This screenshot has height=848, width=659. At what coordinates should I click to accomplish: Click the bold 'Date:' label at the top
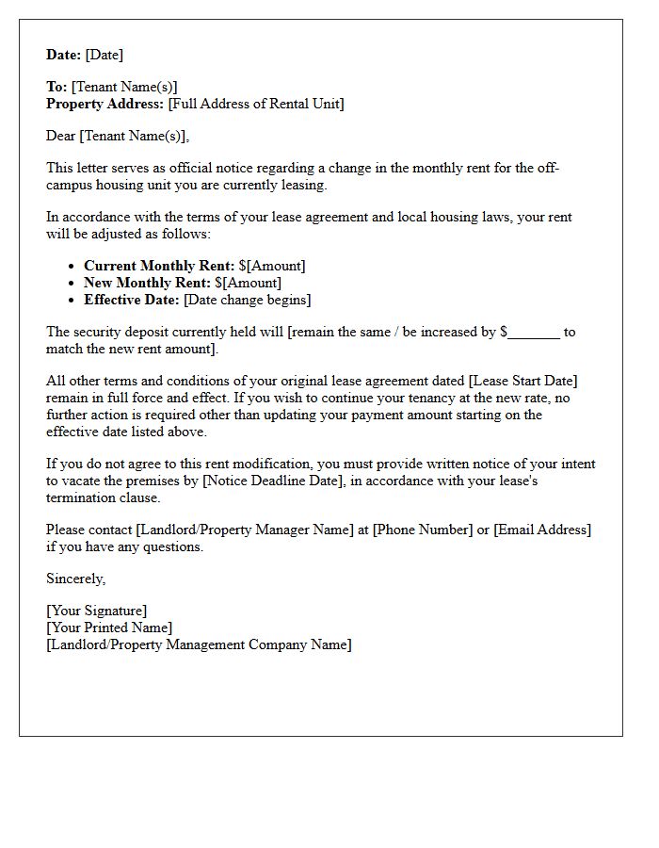click(64, 55)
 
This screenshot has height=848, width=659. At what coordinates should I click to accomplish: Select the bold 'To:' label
click(56, 87)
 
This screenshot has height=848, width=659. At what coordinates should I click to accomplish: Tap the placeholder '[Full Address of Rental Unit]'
click(256, 104)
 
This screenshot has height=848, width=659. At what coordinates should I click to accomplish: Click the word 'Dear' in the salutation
click(61, 136)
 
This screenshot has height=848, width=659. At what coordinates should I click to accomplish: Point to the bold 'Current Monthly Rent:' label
click(159, 266)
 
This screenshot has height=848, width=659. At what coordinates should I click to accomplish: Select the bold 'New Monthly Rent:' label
click(148, 283)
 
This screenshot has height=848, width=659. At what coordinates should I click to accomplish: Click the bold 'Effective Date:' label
click(132, 300)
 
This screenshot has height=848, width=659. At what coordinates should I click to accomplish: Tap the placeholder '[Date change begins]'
click(247, 300)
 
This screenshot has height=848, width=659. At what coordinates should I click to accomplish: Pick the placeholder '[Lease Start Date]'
click(521, 381)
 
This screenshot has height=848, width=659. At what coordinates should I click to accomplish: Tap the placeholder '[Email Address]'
click(542, 530)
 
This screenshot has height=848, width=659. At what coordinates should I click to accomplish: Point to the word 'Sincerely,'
click(76, 579)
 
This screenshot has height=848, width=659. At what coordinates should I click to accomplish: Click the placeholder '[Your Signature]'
click(97, 611)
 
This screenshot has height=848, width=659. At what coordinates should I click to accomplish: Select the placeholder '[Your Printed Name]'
click(109, 628)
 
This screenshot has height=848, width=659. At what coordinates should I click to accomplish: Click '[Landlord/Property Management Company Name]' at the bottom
click(199, 644)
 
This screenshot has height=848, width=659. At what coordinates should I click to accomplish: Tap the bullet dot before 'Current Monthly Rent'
click(72, 267)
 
